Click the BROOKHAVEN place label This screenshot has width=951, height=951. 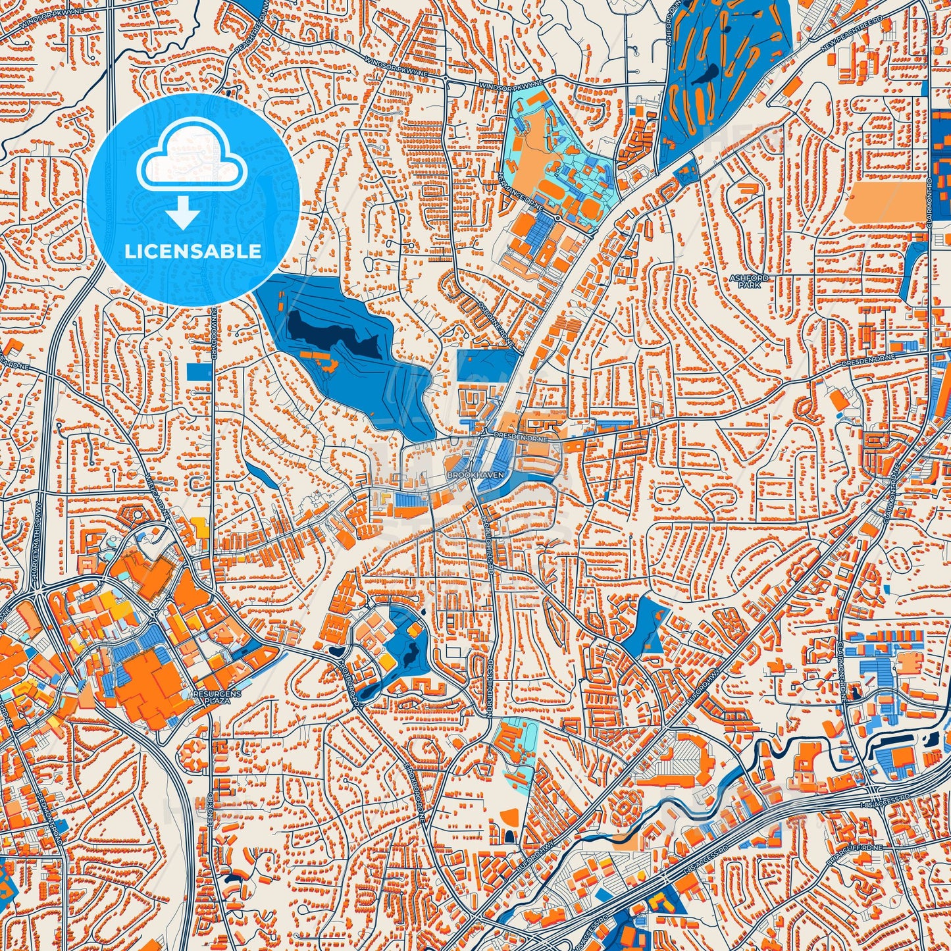pos(465,474)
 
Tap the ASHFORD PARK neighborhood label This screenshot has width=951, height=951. pos(749,282)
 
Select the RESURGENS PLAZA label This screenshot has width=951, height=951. pos(218,698)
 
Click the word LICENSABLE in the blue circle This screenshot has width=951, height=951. pos(193,251)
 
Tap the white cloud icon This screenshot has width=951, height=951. pos(192,160)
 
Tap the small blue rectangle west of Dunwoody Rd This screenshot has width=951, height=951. pos(199,372)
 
